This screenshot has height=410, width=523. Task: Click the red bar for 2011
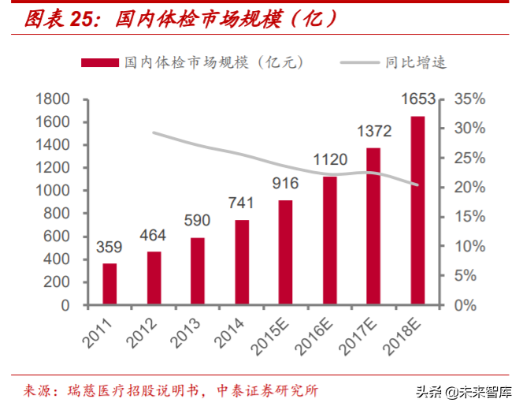[x=110, y=284]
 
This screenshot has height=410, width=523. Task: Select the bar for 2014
[x=242, y=262]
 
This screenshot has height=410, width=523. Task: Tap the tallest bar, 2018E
[x=417, y=210]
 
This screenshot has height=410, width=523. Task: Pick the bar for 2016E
[x=329, y=240]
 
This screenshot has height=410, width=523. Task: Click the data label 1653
[x=418, y=99]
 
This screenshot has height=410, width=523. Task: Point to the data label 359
[x=109, y=247]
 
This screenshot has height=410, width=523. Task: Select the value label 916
[x=285, y=184]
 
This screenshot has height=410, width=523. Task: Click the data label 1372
[x=374, y=131]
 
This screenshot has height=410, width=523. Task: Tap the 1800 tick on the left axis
[x=53, y=99]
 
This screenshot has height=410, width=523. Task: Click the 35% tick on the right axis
[x=470, y=99]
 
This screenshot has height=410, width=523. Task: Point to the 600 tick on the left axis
[x=57, y=237]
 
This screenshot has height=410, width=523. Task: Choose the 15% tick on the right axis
[x=470, y=217]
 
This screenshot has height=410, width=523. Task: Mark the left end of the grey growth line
[x=154, y=132]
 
